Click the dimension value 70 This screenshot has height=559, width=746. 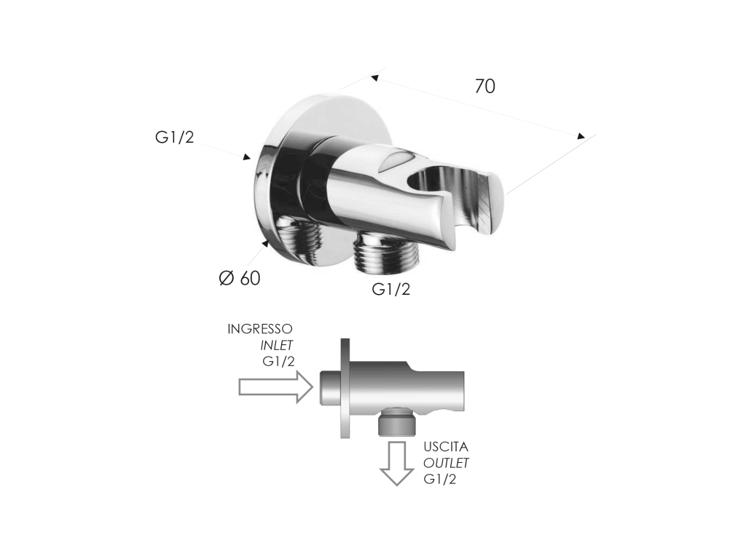[484, 86]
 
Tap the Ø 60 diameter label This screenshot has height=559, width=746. [240, 278]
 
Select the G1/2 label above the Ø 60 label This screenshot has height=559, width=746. [175, 138]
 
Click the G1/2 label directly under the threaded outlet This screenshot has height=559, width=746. [391, 289]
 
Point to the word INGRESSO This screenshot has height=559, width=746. [260, 329]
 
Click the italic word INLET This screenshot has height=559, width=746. [276, 345]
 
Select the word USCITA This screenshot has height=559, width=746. [446, 447]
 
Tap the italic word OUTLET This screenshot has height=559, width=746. [447, 463]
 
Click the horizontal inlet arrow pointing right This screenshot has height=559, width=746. [276, 387]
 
